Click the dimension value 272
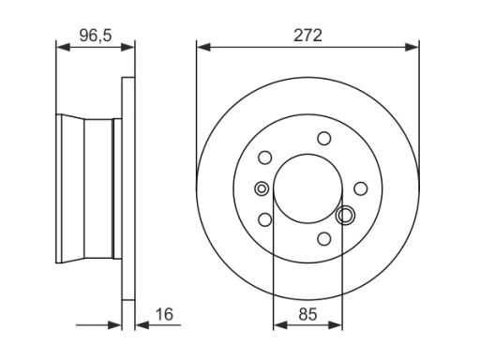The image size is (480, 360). [307, 36]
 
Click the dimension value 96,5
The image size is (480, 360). [96, 36]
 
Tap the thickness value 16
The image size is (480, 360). [164, 314]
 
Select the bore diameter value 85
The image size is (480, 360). [307, 314]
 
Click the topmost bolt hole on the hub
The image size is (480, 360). [324, 138]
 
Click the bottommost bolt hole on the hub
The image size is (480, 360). [324, 239]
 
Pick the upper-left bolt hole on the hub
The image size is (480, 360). [265, 157]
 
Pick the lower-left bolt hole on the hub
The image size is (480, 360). [265, 219]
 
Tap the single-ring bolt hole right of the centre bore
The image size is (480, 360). [361, 188]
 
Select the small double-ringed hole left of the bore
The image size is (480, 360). [262, 188]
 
